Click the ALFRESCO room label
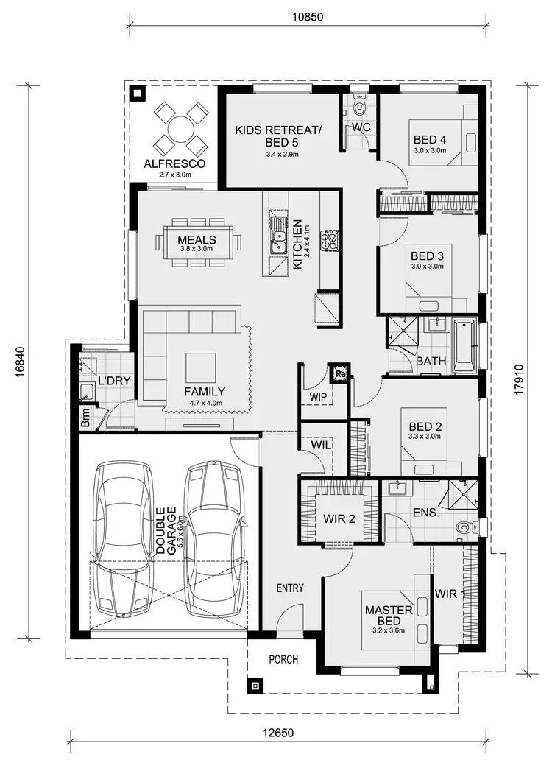174,163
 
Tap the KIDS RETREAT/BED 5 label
278,136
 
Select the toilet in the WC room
359,108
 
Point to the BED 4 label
430,139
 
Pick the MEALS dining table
197,242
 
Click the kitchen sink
277,238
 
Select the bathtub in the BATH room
464,345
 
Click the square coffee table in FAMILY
201,366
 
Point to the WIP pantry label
319,398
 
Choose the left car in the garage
123,540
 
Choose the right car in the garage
215,540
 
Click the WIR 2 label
339,518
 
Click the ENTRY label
290,588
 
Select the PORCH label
283,659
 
